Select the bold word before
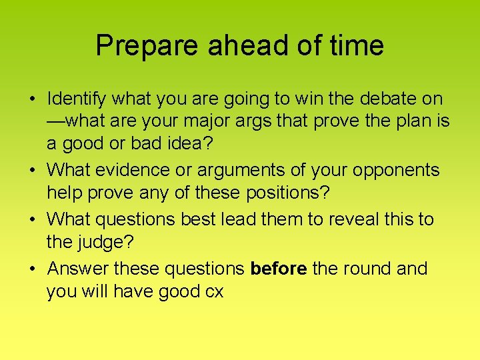(x=279, y=269)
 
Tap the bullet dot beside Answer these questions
(x=32, y=269)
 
